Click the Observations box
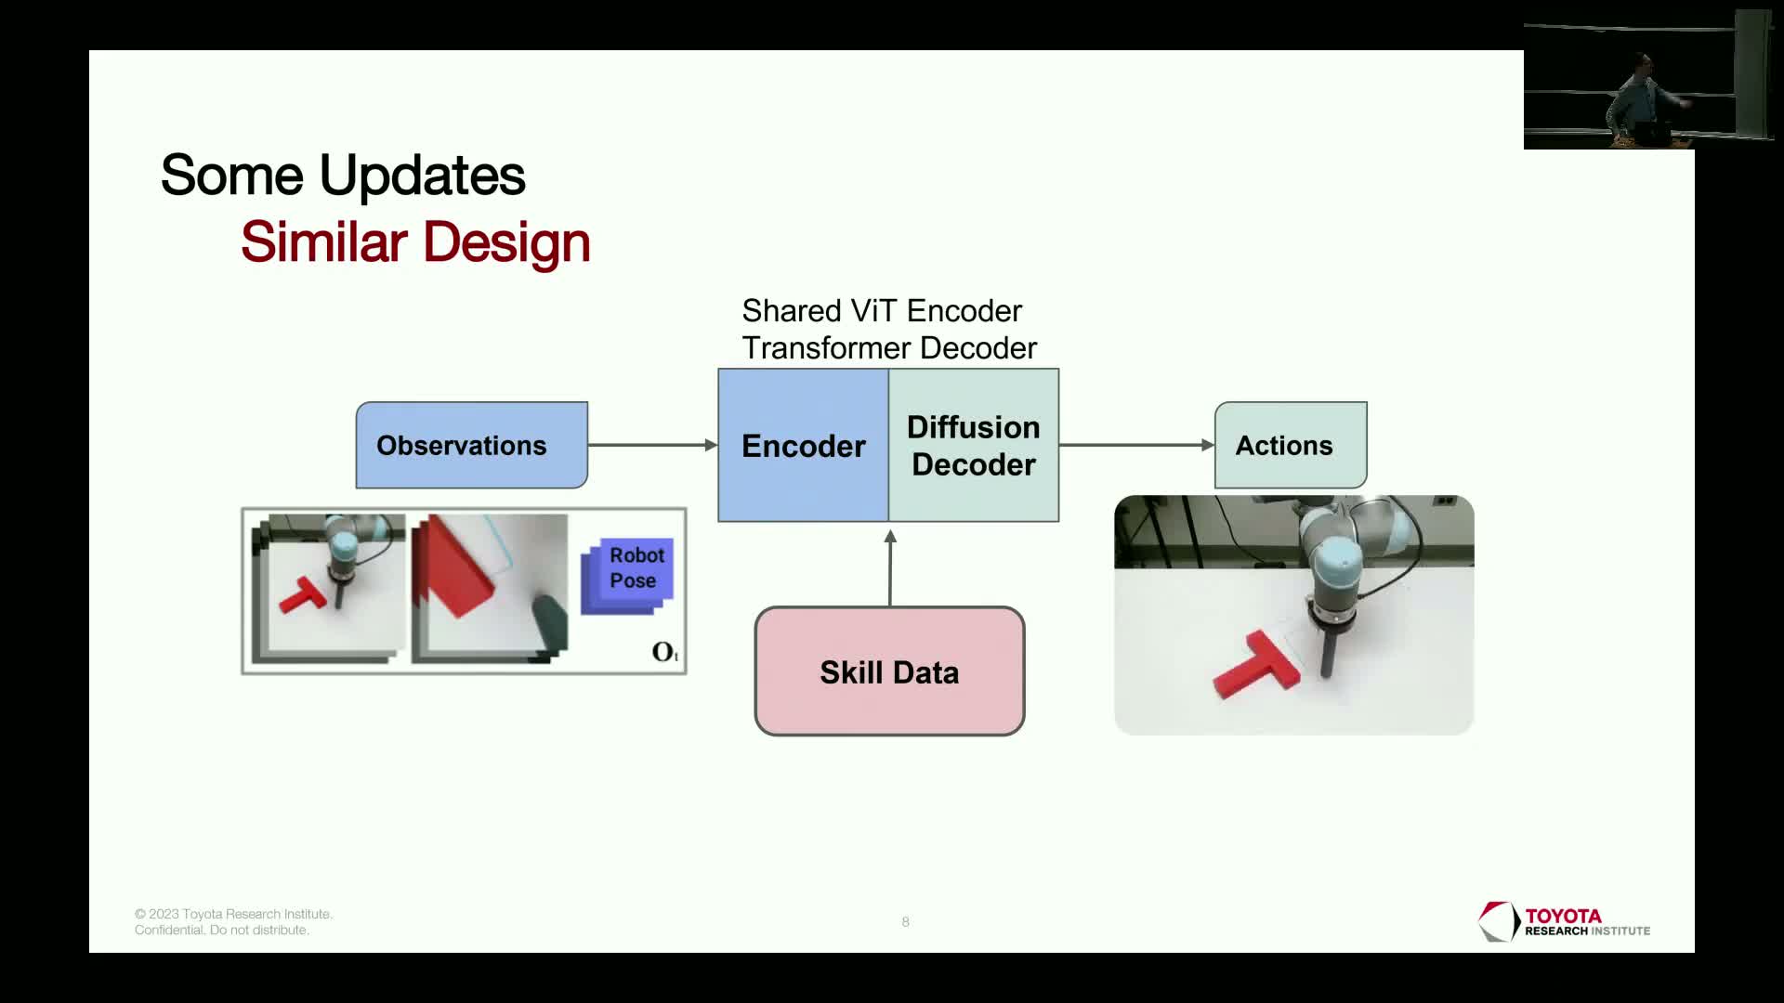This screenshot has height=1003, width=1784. (472, 445)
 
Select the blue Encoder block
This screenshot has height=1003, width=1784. (804, 445)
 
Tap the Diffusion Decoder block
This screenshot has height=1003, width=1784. (974, 445)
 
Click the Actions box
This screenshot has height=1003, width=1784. (1291, 445)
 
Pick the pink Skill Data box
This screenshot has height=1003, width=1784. (889, 671)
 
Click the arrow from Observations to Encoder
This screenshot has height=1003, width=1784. (653, 445)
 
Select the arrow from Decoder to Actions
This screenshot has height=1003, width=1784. (1136, 445)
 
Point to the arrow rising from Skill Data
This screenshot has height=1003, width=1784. (890, 567)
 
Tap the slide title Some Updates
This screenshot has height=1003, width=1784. (343, 175)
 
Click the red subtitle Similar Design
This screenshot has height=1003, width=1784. (415, 242)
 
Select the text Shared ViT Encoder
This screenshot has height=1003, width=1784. (882, 310)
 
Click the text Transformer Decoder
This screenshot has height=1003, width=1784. (889, 347)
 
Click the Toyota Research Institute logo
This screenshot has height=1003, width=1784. (1565, 922)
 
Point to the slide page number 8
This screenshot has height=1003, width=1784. (905, 921)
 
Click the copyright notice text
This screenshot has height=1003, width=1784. (233, 922)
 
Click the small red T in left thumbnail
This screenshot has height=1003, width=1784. (302, 594)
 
